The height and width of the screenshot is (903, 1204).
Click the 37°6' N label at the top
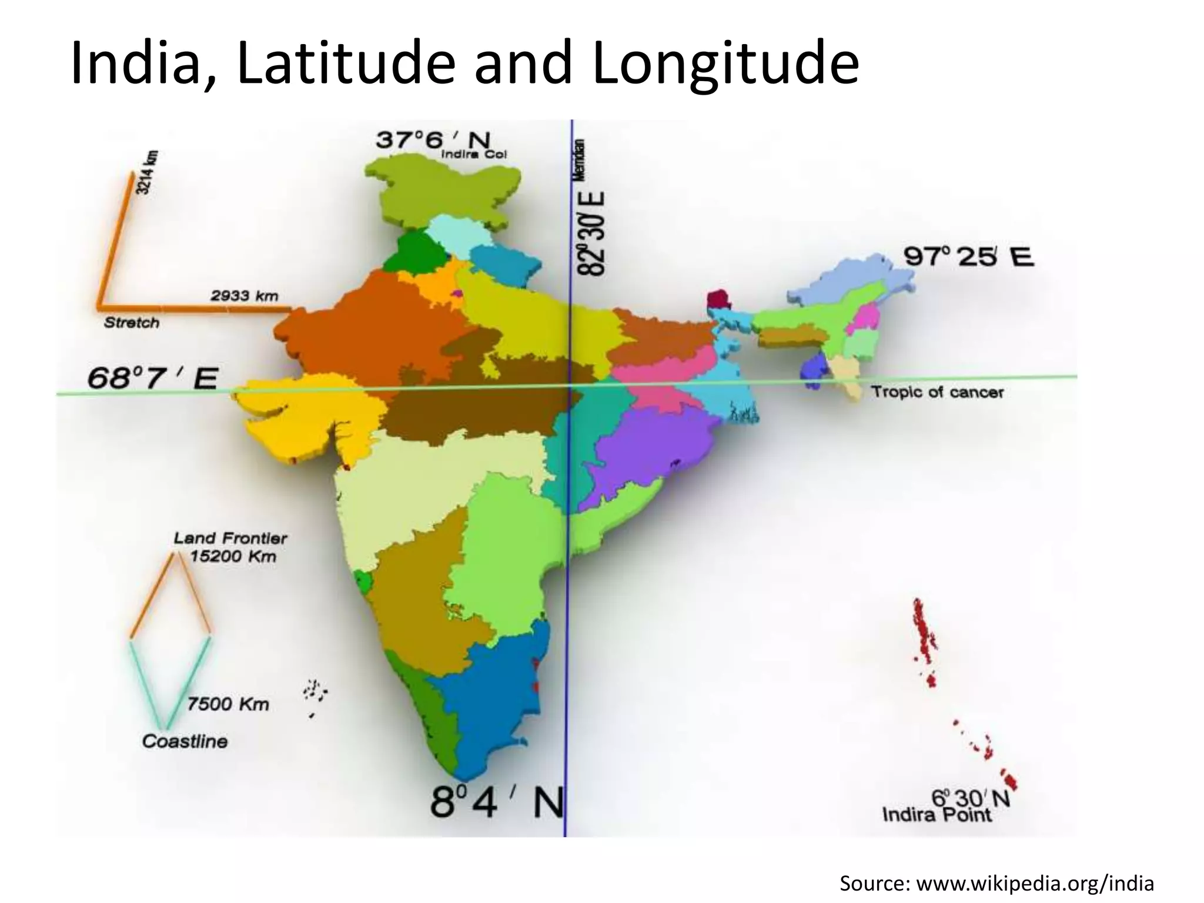point(433,140)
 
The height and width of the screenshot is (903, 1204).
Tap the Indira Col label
point(473,155)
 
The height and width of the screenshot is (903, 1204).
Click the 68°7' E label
point(152,378)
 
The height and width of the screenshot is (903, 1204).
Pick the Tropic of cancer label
point(937,392)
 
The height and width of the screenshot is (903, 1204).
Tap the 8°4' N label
point(497,802)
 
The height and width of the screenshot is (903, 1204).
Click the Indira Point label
point(937,815)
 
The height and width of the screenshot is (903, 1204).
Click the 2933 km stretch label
point(245,296)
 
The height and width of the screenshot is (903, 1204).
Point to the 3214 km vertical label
point(146,172)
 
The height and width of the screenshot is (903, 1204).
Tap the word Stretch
point(132,323)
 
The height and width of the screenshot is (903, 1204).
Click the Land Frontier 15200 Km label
point(232,547)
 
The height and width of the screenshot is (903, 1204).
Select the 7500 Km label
point(228,704)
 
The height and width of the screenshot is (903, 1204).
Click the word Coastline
point(185,741)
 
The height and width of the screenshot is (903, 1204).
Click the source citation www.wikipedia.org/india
point(996,884)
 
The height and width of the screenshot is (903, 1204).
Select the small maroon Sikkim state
point(717,299)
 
